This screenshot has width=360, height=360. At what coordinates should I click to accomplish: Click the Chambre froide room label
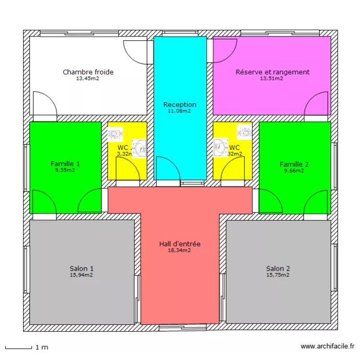(88, 72)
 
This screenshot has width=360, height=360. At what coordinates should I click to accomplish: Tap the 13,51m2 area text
(271, 78)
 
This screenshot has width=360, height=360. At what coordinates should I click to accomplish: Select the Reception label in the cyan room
(180, 105)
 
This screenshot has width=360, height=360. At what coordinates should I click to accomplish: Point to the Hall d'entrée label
(180, 244)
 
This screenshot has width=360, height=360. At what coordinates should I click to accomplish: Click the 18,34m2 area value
(180, 250)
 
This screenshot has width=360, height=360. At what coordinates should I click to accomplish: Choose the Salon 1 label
(82, 269)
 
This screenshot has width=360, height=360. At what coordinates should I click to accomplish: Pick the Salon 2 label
(278, 269)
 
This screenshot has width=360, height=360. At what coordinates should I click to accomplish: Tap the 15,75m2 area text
(278, 275)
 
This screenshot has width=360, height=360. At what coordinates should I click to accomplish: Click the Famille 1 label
(65, 164)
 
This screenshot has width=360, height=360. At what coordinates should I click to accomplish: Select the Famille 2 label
(294, 164)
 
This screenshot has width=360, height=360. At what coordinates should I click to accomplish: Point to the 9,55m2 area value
(65, 170)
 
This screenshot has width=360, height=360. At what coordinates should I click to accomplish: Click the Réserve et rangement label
(272, 72)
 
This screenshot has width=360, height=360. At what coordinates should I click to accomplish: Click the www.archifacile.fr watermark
(327, 346)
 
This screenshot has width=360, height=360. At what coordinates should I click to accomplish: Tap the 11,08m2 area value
(180, 111)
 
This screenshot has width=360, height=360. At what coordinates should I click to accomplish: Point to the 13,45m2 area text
(88, 78)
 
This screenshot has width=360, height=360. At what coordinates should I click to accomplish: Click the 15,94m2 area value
(82, 275)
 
